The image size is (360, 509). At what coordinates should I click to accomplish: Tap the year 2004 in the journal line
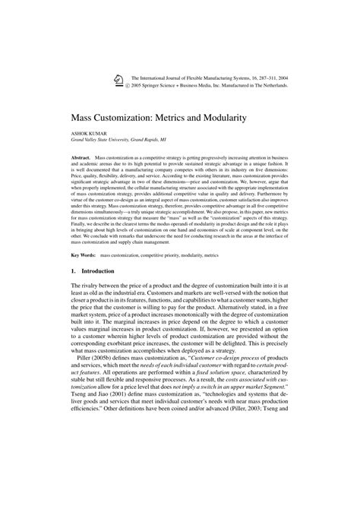coord(299,77)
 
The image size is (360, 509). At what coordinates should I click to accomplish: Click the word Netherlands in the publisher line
coord(288,85)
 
